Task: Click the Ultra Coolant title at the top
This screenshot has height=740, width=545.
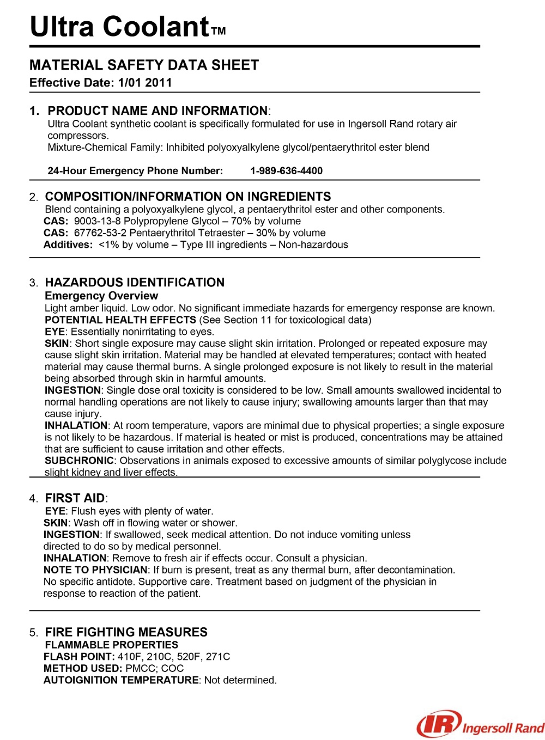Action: pyautogui.click(x=119, y=26)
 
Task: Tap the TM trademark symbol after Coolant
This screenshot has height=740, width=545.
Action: pyautogui.click(x=219, y=32)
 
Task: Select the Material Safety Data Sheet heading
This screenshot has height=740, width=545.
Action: pyautogui.click(x=144, y=65)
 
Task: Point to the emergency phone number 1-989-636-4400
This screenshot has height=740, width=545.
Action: pyautogui.click(x=286, y=171)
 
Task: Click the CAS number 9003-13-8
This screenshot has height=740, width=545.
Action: pyautogui.click(x=97, y=221)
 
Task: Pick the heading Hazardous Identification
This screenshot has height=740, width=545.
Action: pyautogui.click(x=135, y=282)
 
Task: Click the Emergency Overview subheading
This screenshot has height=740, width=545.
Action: pyautogui.click(x=101, y=296)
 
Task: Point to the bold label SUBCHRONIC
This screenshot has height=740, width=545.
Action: pyautogui.click(x=79, y=461)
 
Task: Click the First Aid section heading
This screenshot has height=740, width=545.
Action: pyautogui.click(x=75, y=498)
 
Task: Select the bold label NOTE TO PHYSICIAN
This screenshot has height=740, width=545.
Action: pyautogui.click(x=95, y=570)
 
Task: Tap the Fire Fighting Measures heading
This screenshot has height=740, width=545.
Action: pyautogui.click(x=126, y=632)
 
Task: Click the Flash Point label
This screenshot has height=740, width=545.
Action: pyautogui.click(x=79, y=657)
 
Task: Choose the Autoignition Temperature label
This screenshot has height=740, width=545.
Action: pyautogui.click(x=121, y=680)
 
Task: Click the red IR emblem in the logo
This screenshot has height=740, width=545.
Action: pyautogui.click(x=439, y=725)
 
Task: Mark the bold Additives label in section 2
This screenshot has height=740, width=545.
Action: pyautogui.click(x=68, y=245)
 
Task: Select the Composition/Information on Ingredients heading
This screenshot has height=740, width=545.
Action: pyautogui.click(x=188, y=197)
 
